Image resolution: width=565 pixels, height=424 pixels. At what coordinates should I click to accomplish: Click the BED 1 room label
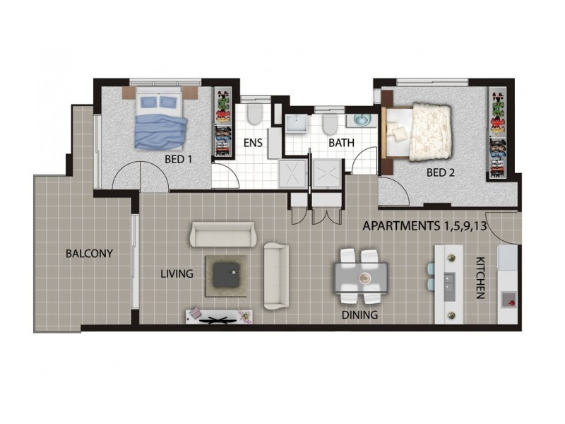pos(179,159)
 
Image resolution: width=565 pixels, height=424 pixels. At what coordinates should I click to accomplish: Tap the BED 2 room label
pos(440,172)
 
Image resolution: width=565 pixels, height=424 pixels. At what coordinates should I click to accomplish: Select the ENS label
pos(253,143)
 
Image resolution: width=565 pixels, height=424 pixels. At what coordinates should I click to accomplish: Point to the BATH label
pos(341,143)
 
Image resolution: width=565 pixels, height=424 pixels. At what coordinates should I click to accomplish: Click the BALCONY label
pos(89,253)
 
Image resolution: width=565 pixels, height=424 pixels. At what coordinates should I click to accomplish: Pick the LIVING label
pos(177,273)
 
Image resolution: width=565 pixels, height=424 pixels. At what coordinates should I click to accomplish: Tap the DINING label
pos(359,315)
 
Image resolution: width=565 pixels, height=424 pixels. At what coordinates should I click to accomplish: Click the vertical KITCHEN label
pos(480,278)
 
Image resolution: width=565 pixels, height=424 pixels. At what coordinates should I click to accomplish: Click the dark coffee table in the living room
pos(227,275)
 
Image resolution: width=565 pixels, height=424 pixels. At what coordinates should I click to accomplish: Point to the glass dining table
pos(361,277)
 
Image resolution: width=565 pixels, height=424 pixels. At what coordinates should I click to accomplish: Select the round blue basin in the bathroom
pos(362,119)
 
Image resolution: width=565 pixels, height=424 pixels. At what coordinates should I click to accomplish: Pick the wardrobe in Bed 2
pos(498,131)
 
